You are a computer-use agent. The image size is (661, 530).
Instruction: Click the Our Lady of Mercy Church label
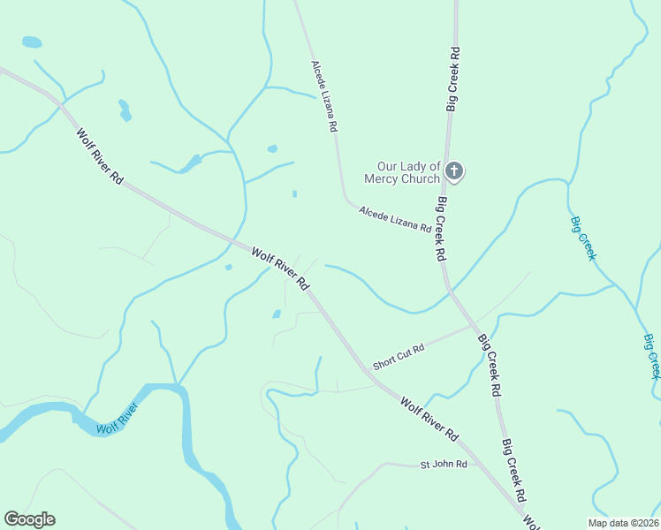pos(408,172)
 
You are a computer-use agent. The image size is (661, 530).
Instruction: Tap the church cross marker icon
pos(453,170)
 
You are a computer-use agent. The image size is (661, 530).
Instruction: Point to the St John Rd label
pos(443,464)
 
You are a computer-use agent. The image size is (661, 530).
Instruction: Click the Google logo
pos(29,519)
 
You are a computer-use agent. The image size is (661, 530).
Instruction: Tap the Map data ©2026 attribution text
pos(623,522)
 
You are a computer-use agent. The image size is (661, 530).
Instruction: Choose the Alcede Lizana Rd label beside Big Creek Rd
pos(395,219)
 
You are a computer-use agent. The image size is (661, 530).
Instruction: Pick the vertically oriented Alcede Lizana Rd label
pos(324,96)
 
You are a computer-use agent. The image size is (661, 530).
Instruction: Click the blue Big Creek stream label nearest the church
pos(583,238)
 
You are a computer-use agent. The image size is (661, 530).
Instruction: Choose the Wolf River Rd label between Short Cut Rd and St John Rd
pos(430,419)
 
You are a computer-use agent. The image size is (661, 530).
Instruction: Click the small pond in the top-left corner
pos(32,42)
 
